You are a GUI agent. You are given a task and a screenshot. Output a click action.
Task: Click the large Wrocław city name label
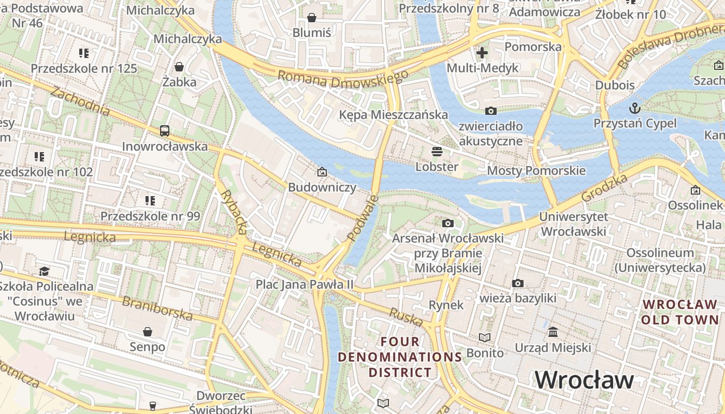click(x=584, y=380)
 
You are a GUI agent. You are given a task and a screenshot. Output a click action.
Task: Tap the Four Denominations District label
click(x=400, y=357)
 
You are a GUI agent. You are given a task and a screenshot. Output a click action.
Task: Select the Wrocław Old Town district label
click(x=680, y=312)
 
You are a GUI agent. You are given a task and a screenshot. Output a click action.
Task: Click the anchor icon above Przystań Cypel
click(x=634, y=108)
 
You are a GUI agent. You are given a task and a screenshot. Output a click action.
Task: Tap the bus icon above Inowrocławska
click(x=165, y=131)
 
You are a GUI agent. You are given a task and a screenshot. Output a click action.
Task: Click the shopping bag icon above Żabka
click(x=179, y=67)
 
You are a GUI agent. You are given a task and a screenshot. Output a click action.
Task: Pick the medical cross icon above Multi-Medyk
click(x=482, y=52)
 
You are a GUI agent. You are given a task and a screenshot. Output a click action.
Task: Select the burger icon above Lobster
click(x=437, y=152)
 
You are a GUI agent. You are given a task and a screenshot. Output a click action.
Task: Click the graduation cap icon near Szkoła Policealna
click(x=45, y=271)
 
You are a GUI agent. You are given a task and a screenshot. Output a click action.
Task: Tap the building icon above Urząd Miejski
click(x=553, y=332)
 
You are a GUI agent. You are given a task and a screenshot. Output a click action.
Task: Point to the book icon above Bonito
click(x=485, y=338)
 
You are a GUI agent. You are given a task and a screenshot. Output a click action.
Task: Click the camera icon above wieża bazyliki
click(x=517, y=283)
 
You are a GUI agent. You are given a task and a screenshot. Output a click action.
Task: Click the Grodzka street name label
click(x=604, y=188)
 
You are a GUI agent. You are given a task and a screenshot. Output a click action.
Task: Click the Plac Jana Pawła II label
click(x=304, y=284)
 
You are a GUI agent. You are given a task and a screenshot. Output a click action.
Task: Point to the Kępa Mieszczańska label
click(x=394, y=114)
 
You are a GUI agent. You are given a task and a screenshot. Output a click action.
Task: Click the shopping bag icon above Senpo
click(x=148, y=331)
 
